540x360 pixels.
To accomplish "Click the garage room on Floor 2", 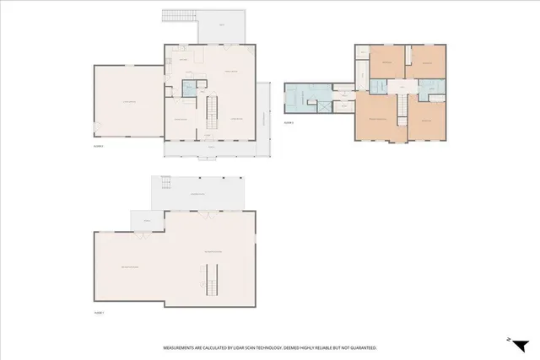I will (x=127, y=102).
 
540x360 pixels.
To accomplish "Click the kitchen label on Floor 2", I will (x=182, y=60).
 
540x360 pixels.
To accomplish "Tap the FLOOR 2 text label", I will (x=98, y=146).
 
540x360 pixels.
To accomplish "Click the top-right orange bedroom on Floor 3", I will (x=428, y=63).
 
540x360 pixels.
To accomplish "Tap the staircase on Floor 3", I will (x=402, y=108).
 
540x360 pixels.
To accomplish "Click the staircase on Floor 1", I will (x=211, y=277).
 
